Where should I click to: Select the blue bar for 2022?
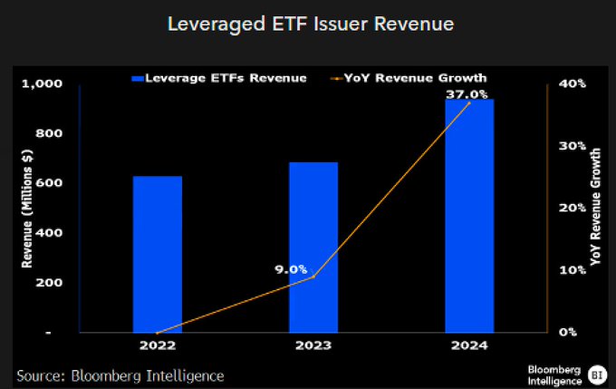tap(157, 254)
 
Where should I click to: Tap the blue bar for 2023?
tap(313, 247)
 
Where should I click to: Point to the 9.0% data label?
tap(292, 269)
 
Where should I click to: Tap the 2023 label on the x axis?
tap(313, 346)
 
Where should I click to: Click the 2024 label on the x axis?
tap(468, 346)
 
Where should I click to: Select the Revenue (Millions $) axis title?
tap(27, 208)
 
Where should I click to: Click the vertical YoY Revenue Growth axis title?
tap(595, 208)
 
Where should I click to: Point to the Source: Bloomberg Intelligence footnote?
tap(120, 374)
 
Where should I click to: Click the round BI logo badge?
tap(596, 374)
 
